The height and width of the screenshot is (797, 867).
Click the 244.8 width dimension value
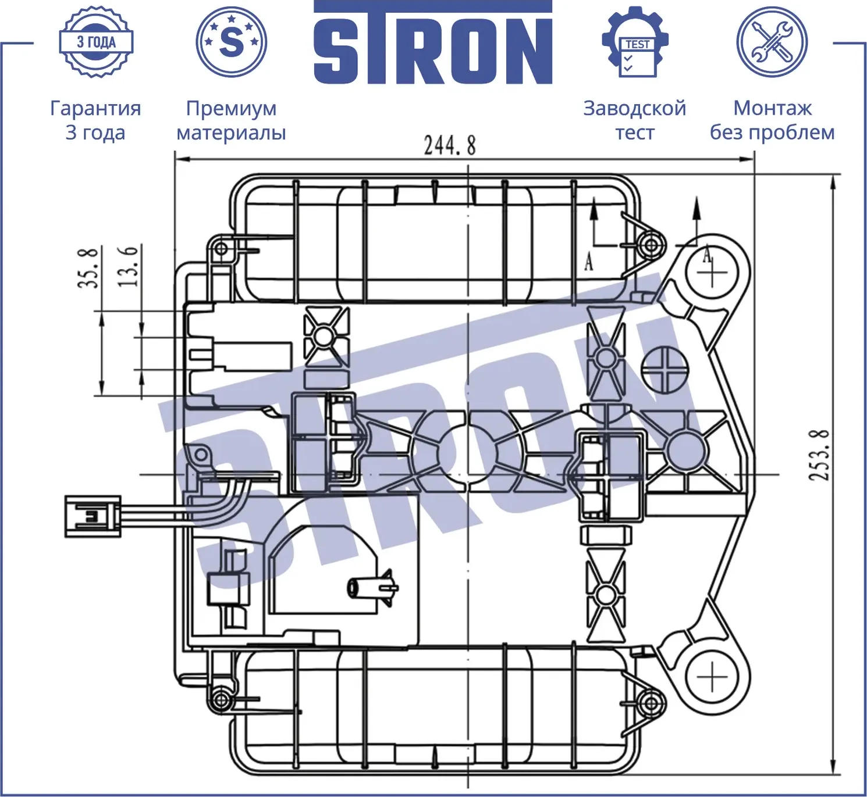450,145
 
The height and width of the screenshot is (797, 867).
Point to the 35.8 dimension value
88,268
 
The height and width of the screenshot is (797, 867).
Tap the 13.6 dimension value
128,266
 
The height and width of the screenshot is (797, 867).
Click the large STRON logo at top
433,42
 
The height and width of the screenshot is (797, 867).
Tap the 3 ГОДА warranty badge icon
97,42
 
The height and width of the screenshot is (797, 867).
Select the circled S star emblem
231,42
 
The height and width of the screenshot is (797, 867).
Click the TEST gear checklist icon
635,42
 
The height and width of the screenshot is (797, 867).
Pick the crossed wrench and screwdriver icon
772,42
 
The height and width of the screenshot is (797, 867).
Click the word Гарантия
95,109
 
